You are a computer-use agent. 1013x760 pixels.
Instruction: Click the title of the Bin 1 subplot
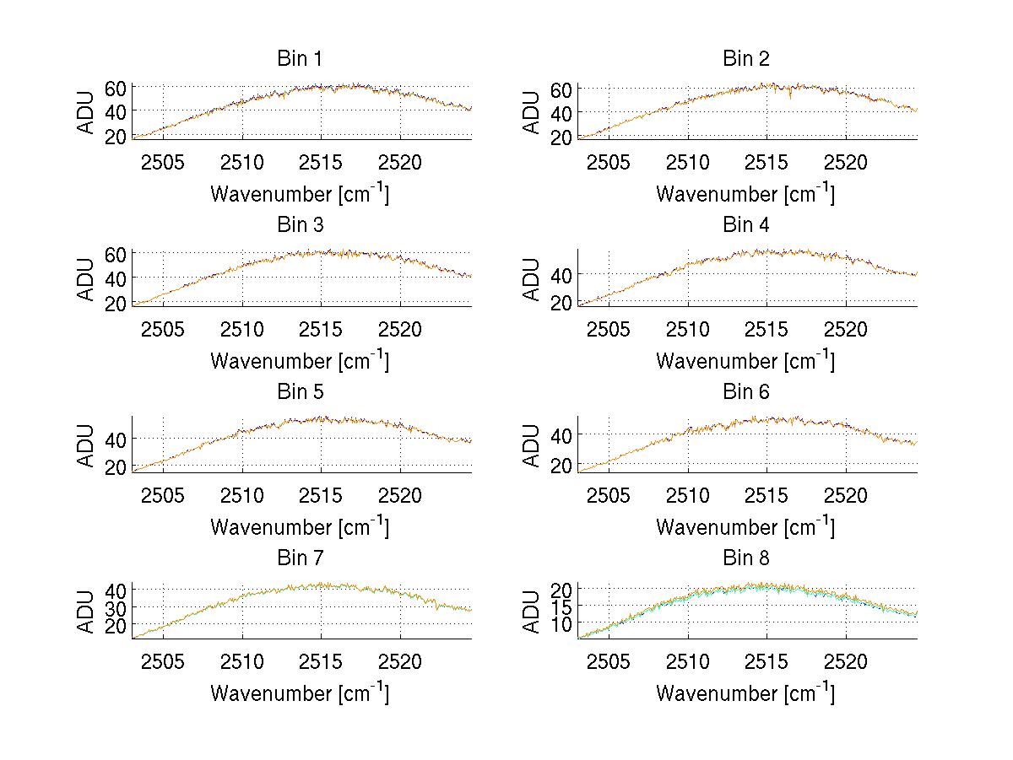299,59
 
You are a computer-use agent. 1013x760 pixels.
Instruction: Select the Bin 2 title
745,59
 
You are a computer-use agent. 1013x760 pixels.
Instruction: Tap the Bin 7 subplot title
299,558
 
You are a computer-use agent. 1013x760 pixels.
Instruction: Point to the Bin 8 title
745,558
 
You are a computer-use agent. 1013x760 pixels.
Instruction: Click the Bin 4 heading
745,225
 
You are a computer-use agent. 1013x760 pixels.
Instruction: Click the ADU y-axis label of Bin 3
86,278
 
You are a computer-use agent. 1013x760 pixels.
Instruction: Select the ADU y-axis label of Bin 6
532,445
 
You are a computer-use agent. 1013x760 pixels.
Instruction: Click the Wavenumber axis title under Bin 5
300,527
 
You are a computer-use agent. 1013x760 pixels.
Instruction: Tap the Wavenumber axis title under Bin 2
745,194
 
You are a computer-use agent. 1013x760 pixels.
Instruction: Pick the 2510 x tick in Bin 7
242,661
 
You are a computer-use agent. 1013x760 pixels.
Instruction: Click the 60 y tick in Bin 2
562,89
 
